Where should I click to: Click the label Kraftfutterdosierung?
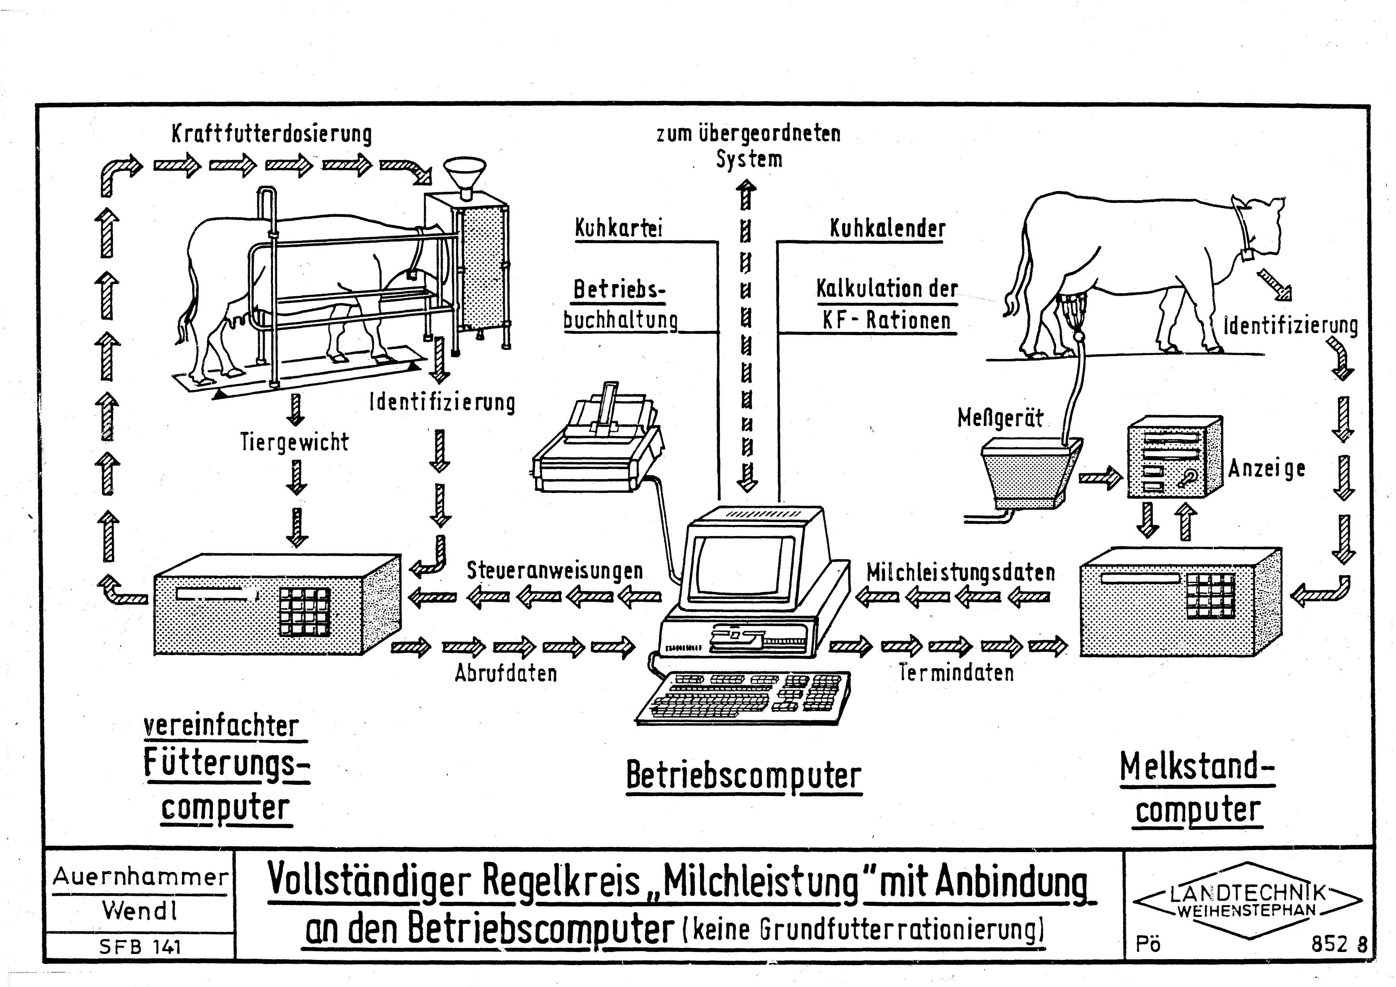pos(271,134)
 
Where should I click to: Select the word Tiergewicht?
pos(294,442)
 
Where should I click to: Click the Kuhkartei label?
pos(618,229)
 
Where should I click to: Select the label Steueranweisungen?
pos(554,570)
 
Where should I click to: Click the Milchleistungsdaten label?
pos(960,572)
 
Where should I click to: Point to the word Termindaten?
pos(956,673)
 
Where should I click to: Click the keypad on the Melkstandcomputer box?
pos(1210,595)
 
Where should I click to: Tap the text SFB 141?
pos(140,946)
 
